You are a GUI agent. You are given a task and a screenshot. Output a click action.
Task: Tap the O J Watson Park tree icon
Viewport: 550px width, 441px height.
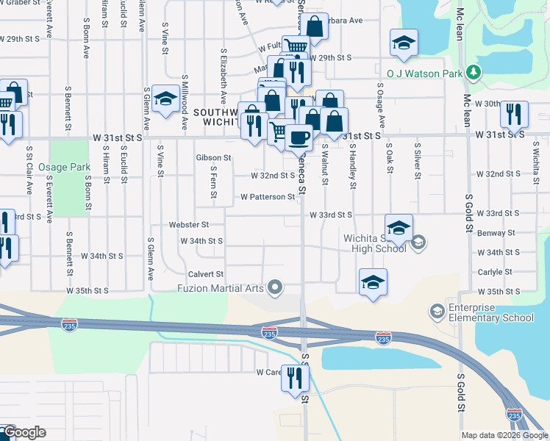click(475, 73)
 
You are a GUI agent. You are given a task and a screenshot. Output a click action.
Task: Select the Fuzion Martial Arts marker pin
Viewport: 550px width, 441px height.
click(276, 287)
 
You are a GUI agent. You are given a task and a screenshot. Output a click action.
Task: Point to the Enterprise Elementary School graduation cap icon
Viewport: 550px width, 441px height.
click(438, 312)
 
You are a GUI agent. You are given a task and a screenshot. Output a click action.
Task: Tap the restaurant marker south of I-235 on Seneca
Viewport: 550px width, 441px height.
click(296, 379)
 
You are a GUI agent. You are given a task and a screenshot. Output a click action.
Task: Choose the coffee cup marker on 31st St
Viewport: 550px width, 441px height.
click(299, 137)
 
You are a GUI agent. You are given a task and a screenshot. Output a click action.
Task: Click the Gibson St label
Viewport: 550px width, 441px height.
click(213, 157)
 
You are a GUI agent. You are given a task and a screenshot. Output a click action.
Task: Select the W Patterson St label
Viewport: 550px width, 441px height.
click(268, 197)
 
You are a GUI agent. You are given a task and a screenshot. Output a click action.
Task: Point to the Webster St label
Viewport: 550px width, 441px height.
click(189, 224)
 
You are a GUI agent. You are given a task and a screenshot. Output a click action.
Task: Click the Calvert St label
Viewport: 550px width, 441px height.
click(205, 273)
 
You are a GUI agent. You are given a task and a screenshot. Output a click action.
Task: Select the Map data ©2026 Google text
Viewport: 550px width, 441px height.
click(504, 435)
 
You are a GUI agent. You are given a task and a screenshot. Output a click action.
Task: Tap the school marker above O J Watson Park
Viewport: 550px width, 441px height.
click(404, 43)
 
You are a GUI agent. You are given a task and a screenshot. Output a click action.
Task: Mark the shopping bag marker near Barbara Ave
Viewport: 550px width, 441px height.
click(315, 27)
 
